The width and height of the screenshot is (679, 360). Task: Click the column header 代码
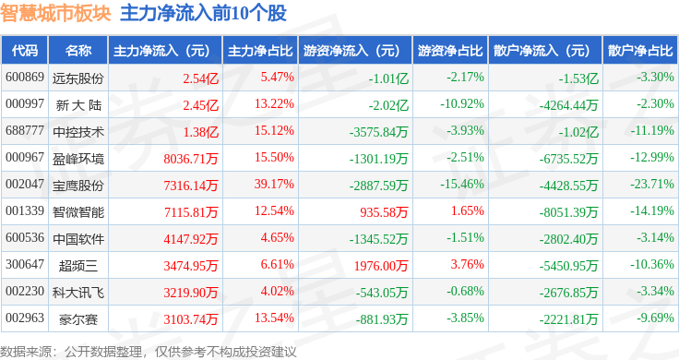(25, 51)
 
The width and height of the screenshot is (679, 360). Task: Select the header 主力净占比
(260, 51)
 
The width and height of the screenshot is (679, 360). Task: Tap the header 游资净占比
(450, 51)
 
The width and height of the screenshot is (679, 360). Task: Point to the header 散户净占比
(640, 51)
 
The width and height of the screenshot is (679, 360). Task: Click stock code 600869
(25, 78)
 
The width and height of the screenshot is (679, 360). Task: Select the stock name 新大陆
(78, 105)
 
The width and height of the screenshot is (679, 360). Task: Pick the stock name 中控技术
(78, 132)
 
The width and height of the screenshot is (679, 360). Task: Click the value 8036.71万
(191, 159)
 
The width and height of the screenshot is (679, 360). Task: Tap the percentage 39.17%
(274, 184)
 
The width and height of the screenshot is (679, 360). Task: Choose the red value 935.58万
(384, 211)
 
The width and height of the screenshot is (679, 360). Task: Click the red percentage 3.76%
(467, 264)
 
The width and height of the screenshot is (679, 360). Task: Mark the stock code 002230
(25, 291)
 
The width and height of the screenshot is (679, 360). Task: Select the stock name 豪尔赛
(78, 319)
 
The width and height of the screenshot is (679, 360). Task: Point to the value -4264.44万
(568, 105)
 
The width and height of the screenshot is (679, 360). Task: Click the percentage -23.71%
(652, 184)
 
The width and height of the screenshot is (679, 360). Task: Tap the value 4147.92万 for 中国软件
(191, 239)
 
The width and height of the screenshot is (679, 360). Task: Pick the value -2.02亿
(388, 105)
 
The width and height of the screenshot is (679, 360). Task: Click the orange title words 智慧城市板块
(55, 13)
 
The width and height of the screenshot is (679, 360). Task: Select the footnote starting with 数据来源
(149, 352)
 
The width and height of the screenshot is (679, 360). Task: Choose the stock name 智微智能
(78, 212)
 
